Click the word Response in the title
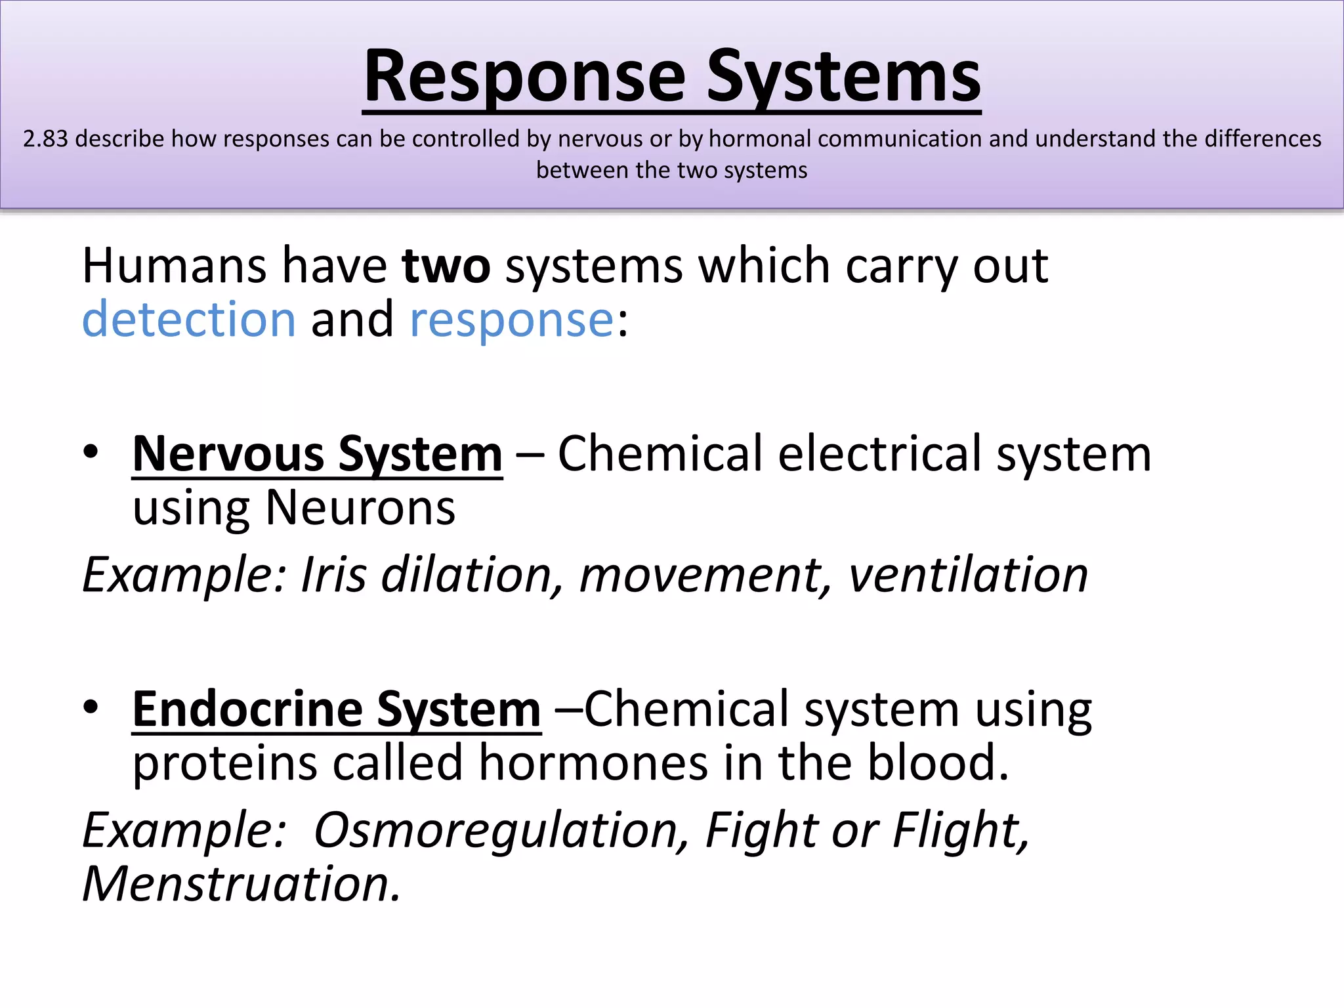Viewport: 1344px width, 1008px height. click(524, 77)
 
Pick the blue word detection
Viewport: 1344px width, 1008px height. click(189, 320)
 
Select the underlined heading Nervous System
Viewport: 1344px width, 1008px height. click(318, 454)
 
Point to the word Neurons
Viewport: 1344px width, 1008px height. click(360, 508)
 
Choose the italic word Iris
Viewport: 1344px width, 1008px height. click(333, 575)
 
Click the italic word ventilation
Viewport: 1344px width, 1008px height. click(968, 575)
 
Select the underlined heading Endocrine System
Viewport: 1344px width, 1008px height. click(337, 710)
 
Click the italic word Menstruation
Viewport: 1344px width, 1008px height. click(240, 885)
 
